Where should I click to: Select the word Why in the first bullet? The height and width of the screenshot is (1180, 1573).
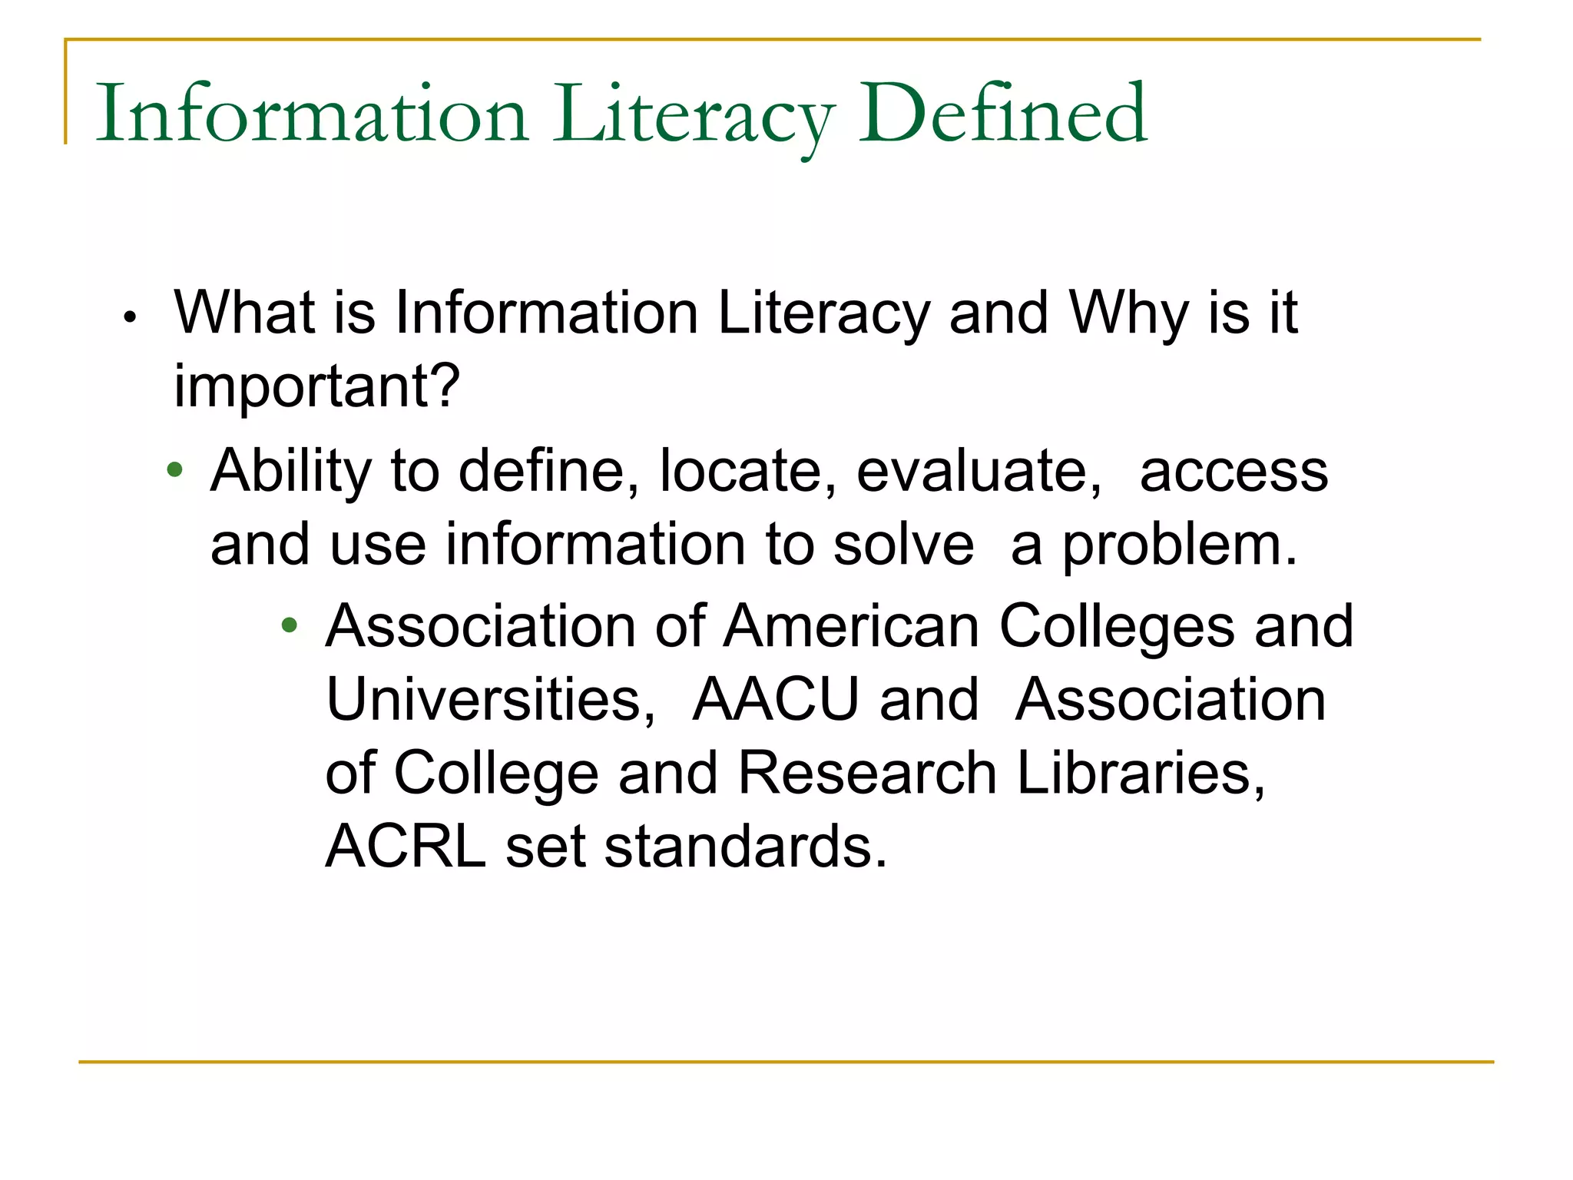pos(1128,313)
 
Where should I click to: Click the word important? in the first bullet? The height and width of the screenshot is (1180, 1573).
pos(316,386)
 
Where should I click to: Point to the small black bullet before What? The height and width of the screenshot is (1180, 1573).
pos(130,317)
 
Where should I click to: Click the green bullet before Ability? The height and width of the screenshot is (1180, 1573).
pos(175,469)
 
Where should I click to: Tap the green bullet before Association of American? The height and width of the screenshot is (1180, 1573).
pos(289,625)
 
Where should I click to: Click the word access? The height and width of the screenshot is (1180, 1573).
pos(1234,472)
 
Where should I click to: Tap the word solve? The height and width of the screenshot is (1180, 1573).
pos(903,545)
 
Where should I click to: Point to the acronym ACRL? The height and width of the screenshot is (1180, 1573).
pos(406,847)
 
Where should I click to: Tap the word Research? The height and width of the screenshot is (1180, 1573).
pos(867,773)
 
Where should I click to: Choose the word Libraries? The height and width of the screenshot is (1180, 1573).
pos(1141,773)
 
